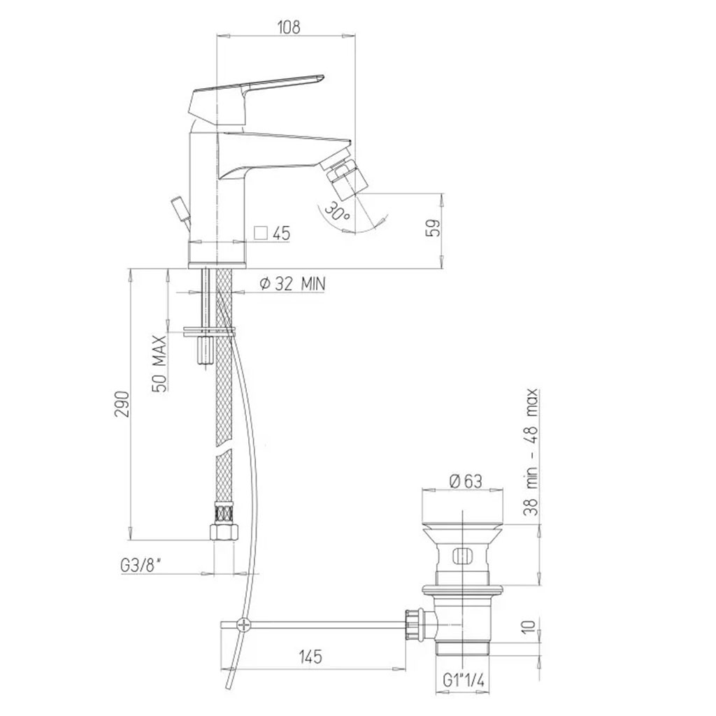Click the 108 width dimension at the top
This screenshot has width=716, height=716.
tap(289, 27)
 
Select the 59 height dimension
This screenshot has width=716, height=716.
tap(435, 228)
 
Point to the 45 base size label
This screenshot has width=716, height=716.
tap(282, 234)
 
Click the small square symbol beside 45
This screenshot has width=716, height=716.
tap(261, 233)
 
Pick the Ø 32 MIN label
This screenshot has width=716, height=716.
tap(292, 284)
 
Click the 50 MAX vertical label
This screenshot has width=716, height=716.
tap(159, 364)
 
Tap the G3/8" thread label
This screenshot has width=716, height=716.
tap(141, 566)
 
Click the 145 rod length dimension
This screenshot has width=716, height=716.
tap(310, 657)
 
